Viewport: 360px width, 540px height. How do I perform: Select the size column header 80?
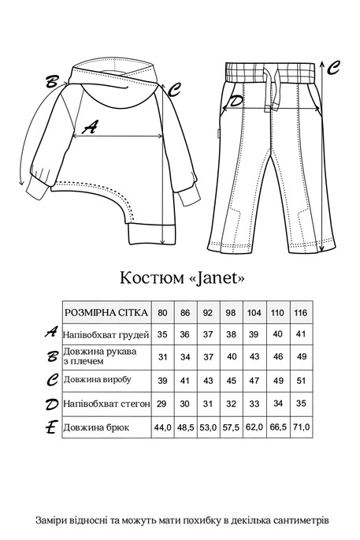162,313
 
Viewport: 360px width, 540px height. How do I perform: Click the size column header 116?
300,313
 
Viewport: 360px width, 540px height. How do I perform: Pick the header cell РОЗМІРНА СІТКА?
106,313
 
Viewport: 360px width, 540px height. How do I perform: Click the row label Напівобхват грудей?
106,334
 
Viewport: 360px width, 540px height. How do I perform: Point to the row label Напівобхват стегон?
106,404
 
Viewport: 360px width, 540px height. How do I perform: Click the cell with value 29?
162,404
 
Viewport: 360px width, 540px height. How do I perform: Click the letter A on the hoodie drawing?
91,126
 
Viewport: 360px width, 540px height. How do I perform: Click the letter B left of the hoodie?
53,81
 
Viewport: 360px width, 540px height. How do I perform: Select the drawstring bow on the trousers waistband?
269,83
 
